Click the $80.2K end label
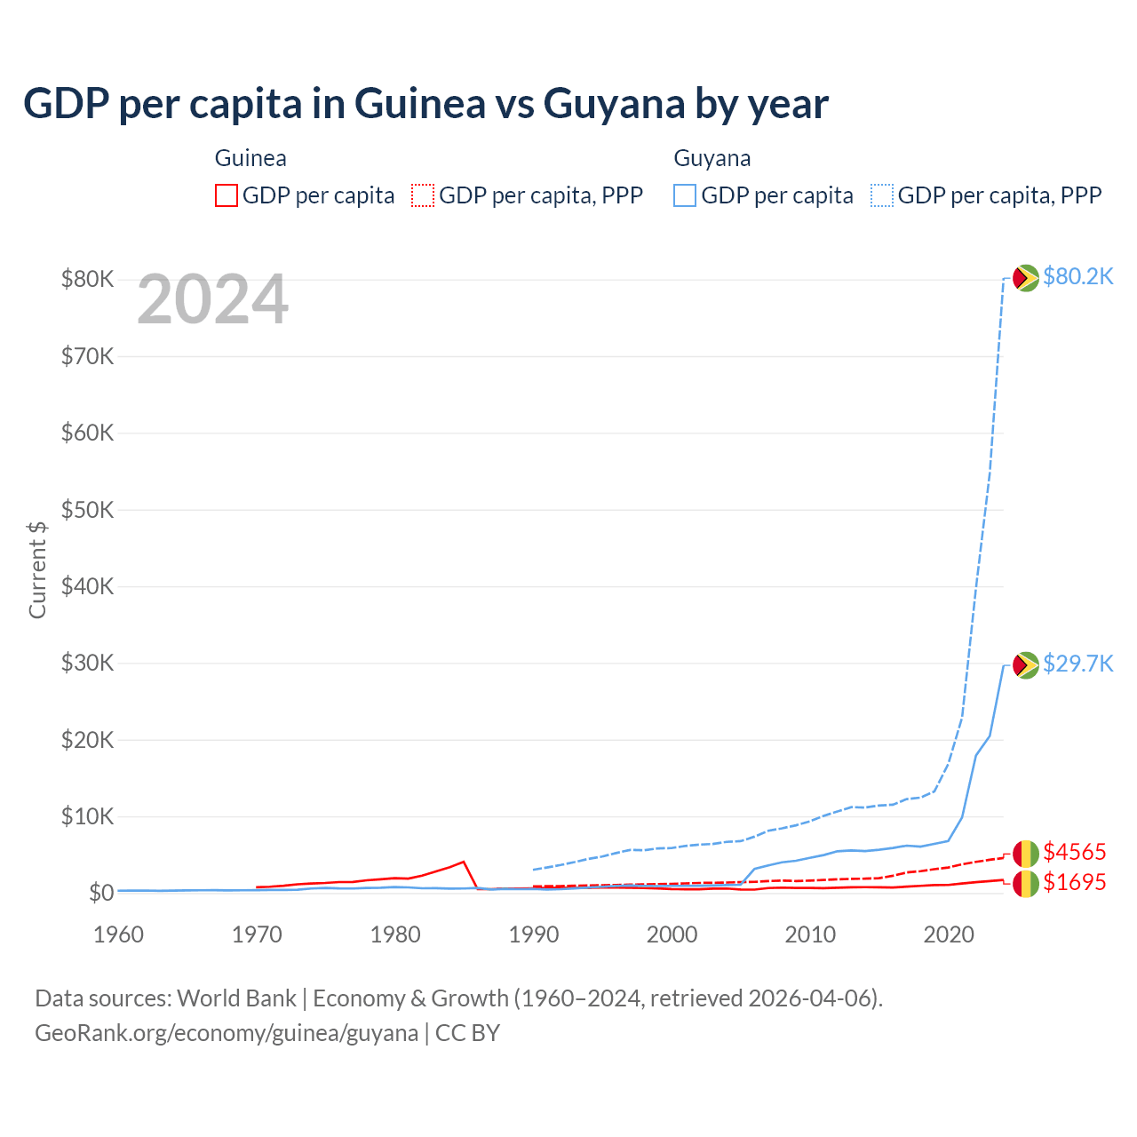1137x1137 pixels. click(1077, 277)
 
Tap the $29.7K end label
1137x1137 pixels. click(1077, 664)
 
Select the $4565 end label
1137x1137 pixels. click(1075, 853)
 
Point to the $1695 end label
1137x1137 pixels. click(1075, 883)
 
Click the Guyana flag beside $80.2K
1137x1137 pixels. click(1026, 278)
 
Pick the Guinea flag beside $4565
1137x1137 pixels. click(1026, 854)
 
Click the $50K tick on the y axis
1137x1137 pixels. click(87, 511)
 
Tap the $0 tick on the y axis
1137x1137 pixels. click(100, 893)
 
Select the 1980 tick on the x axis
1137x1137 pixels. click(395, 934)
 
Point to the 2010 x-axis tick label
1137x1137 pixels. click(810, 934)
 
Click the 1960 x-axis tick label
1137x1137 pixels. click(118, 934)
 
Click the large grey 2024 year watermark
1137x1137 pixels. click(212, 300)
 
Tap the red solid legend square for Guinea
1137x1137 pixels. click(227, 195)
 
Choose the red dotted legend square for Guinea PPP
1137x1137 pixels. click(423, 195)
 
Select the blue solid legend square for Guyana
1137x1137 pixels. click(685, 195)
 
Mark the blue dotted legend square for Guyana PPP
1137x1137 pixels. click(882, 195)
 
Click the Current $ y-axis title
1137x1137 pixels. click(37, 569)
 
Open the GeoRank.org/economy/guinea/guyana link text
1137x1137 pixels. click(227, 1034)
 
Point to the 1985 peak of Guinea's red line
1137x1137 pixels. click(464, 862)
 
